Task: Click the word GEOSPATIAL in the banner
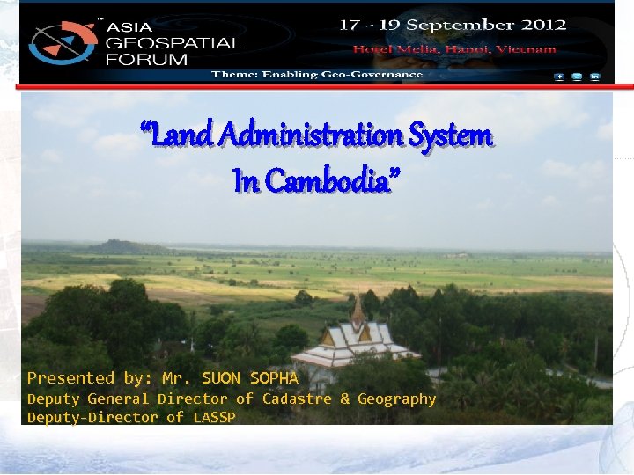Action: pos(173,42)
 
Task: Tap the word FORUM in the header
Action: pos(146,60)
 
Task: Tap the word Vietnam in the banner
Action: pos(526,49)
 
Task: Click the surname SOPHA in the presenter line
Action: pos(274,378)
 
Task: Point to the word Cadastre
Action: pos(296,399)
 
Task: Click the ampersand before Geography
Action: pos(344,399)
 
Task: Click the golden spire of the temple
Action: pos(358,308)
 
